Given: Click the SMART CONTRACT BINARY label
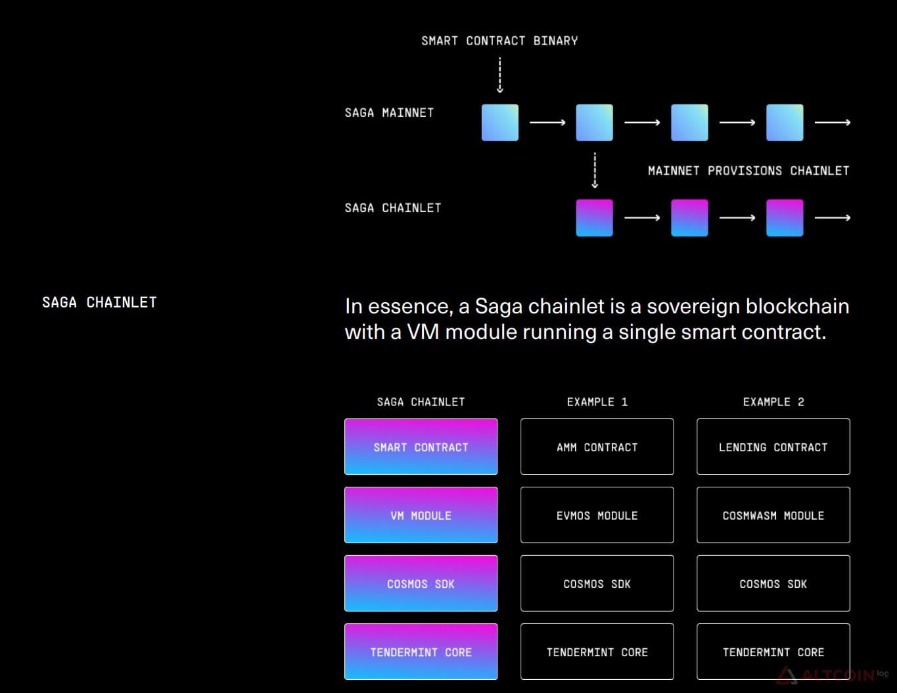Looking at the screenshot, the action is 499,41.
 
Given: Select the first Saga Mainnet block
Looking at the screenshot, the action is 500,123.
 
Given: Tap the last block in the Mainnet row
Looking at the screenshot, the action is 785,123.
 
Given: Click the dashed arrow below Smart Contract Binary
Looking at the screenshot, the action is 500,75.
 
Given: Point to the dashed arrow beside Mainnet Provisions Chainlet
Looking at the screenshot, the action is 595,170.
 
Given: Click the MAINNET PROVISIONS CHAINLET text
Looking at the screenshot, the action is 748,171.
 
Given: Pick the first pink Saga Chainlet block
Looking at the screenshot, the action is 595,218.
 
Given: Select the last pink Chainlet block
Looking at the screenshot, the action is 785,218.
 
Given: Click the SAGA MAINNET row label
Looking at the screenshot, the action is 389,112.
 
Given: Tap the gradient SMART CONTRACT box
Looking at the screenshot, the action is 421,447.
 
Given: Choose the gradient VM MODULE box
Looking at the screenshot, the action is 421,515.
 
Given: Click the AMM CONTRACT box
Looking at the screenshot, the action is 597,447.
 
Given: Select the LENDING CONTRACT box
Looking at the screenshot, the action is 773,447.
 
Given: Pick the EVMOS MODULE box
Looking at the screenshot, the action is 597,515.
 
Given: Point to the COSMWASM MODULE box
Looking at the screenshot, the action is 773,515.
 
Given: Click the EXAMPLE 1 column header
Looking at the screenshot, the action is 597,402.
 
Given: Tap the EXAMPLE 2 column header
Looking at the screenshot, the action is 773,402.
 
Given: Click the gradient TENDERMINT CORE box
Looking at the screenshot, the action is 421,652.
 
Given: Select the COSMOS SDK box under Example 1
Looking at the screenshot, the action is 597,583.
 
